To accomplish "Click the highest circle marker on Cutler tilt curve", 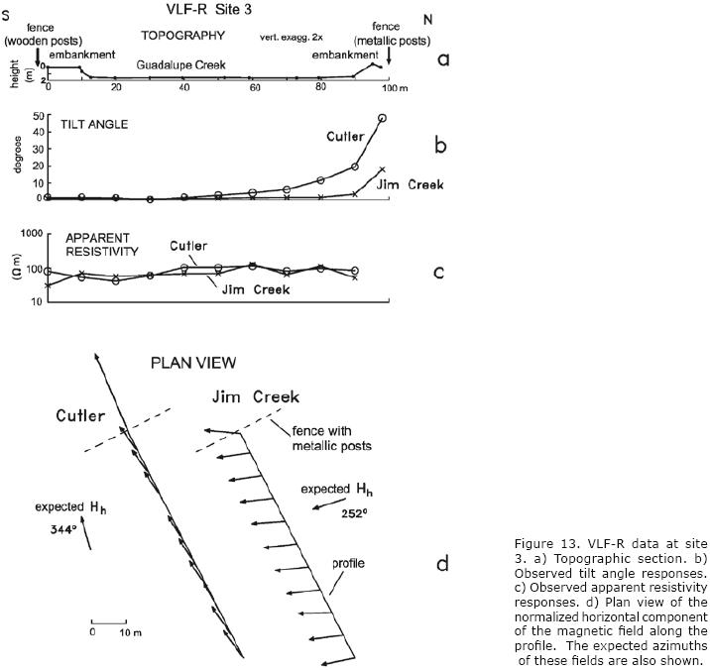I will pos(383,118).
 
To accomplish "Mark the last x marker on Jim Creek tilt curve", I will pos(383,169).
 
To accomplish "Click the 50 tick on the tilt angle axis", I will pos(38,116).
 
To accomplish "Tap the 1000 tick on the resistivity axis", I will pos(36,233).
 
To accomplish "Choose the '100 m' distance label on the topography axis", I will pos(395,89).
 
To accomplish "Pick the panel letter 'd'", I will pos(442,565).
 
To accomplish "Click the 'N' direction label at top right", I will pos(427,19).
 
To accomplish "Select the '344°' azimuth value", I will pos(64,530).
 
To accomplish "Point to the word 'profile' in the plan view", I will pos(347,564).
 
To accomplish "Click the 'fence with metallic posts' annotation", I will pos(330,438).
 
